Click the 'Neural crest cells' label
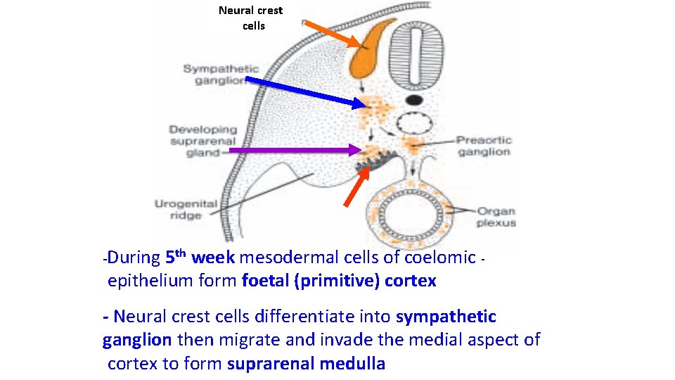click(x=250, y=18)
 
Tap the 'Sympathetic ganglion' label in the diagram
click(x=221, y=74)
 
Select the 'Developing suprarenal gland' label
click(x=202, y=141)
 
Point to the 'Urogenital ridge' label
click(x=186, y=210)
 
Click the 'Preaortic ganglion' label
click(x=483, y=146)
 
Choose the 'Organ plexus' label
click(x=496, y=217)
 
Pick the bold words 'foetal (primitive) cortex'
click(x=338, y=281)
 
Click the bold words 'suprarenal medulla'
click(x=306, y=364)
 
